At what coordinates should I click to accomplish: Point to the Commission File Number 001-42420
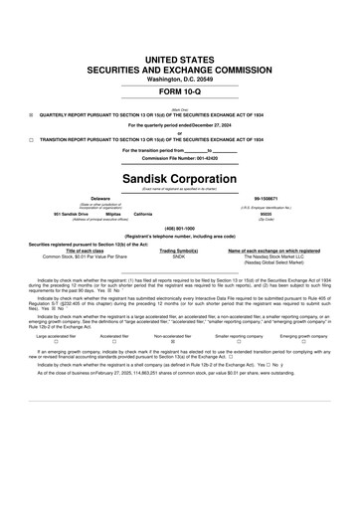click(x=179, y=158)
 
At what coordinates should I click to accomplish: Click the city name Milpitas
click(x=113, y=214)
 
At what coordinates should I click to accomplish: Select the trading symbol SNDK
click(x=179, y=255)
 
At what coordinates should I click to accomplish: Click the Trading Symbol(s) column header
click(x=179, y=249)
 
